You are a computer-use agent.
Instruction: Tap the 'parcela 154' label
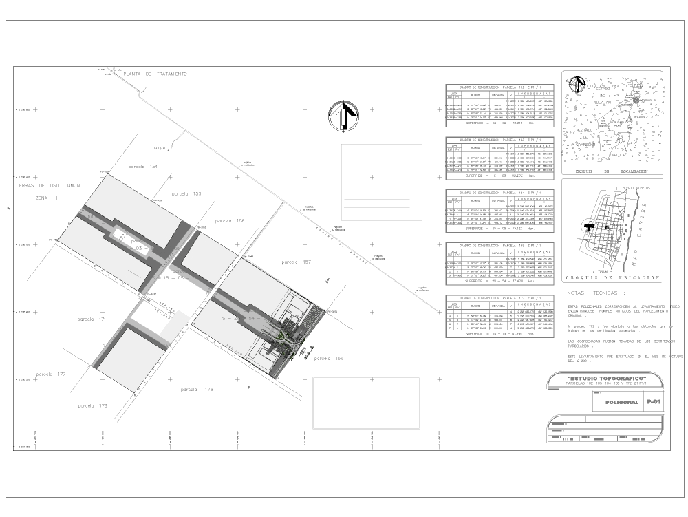coord(143,167)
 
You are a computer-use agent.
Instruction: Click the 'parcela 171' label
coord(92,319)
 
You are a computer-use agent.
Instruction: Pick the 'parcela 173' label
coord(197,390)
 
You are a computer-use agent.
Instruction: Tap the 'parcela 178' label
coord(93,406)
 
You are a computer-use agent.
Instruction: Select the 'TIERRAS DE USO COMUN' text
coord(48,186)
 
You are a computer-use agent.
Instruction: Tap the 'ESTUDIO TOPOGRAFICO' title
coord(605,379)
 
